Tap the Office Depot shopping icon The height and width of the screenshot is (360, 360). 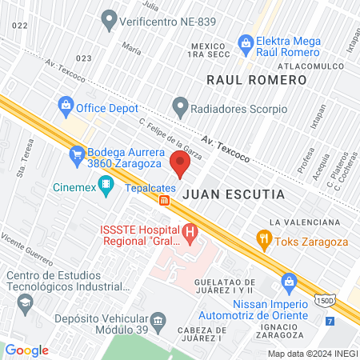click(66, 103)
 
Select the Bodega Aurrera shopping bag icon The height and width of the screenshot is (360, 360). click(77, 153)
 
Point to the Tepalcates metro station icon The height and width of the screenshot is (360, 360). click(163, 200)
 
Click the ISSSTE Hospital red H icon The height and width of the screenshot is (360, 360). click(190, 234)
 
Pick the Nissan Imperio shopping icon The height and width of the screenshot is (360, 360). click(289, 281)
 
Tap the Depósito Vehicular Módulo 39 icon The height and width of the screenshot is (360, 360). click(158, 322)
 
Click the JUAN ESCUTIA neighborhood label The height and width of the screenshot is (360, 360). click(222, 194)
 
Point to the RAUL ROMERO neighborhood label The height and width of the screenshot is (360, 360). click(256, 80)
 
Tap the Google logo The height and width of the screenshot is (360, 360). click(26, 350)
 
